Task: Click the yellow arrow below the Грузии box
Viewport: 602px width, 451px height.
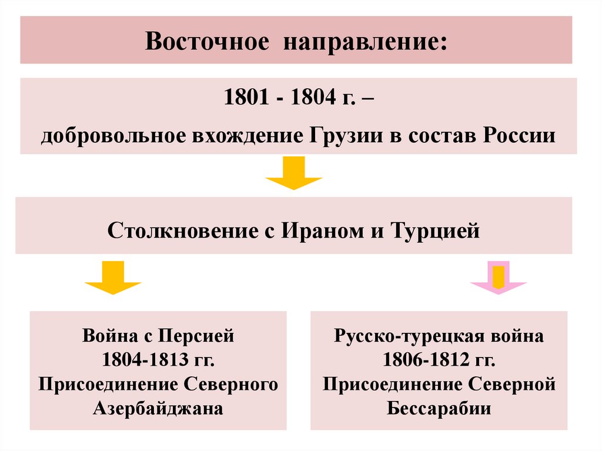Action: click(293, 173)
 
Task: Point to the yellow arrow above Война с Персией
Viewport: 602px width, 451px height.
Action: click(113, 279)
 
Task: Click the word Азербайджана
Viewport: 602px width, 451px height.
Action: click(158, 408)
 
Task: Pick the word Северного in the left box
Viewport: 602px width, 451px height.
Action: click(226, 384)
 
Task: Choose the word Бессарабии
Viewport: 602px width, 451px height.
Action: click(439, 408)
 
